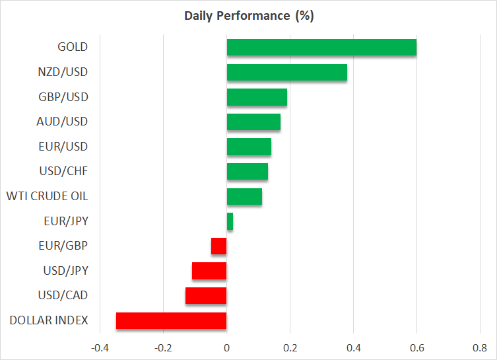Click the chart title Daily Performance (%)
tap(249, 16)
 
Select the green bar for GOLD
tap(321, 48)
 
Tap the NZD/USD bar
tap(286, 73)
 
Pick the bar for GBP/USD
tap(257, 97)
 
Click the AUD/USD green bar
tap(253, 122)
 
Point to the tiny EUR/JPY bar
tap(230, 221)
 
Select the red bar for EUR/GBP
tap(219, 246)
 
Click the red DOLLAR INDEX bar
tap(172, 320)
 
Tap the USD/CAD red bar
tap(206, 295)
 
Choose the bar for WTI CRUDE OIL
tap(244, 197)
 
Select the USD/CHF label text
tap(63, 172)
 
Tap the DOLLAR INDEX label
tap(49, 320)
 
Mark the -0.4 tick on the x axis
tap(100, 347)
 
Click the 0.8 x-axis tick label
tap(480, 347)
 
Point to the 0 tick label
tap(226, 347)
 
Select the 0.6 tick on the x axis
tap(416, 347)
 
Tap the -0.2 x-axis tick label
tap(163, 347)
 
